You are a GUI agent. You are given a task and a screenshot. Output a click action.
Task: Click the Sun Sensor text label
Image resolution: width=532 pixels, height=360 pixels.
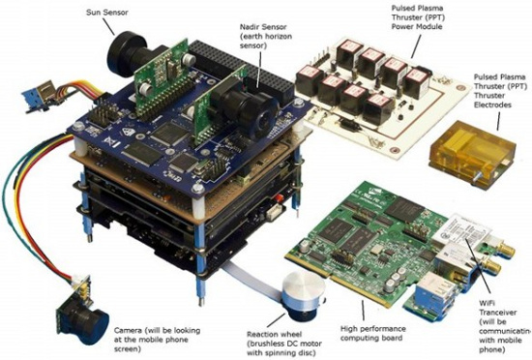(106, 13)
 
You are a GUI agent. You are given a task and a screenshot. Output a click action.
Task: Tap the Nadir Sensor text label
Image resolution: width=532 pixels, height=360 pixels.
(266, 36)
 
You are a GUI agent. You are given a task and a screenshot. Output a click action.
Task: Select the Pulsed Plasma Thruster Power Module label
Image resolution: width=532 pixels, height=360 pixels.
(418, 17)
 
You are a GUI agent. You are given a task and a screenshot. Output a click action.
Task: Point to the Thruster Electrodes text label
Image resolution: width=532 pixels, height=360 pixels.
(500, 91)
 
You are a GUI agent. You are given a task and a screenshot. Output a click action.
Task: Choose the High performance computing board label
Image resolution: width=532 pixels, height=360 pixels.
(373, 333)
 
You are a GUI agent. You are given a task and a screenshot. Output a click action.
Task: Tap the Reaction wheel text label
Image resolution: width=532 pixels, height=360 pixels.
(284, 344)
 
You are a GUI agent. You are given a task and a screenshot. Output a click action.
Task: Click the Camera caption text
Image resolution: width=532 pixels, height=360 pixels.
(157, 340)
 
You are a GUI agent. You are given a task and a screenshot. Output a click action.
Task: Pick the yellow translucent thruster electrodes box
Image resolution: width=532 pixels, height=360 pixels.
(473, 153)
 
